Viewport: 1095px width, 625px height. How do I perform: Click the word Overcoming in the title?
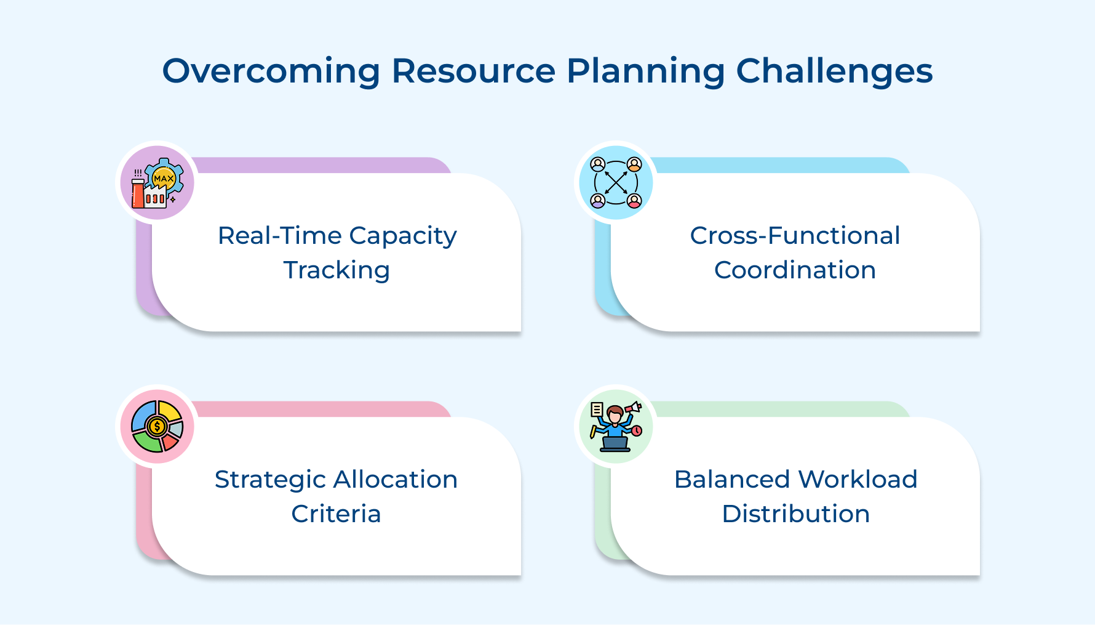[271, 71]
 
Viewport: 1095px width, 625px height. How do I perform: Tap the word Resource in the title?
[473, 71]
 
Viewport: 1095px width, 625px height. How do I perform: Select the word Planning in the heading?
[645, 71]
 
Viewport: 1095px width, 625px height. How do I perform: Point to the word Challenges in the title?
[834, 71]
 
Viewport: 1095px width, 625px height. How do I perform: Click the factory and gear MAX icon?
[157, 183]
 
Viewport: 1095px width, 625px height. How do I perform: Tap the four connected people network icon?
[616, 183]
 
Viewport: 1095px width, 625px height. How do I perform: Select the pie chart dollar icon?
[157, 427]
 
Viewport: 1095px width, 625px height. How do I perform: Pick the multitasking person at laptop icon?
[616, 427]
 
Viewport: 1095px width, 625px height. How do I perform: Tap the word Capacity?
[403, 236]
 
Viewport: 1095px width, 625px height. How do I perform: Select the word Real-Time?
[279, 236]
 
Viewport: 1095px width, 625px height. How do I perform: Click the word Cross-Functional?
[795, 236]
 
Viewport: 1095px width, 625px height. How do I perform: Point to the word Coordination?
[795, 270]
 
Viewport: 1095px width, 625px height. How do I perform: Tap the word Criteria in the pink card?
[336, 514]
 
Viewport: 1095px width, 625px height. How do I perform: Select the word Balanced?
[731, 480]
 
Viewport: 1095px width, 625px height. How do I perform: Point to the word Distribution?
[795, 514]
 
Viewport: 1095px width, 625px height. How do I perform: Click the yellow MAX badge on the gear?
[164, 178]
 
